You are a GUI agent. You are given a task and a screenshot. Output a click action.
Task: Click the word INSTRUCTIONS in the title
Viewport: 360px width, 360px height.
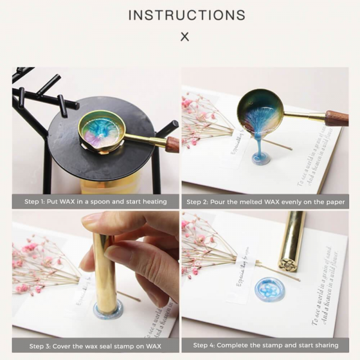pos(186,15)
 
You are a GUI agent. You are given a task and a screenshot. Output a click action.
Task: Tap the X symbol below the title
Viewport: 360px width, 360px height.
pos(185,37)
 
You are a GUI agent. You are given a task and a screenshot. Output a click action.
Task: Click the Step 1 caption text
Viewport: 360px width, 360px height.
pos(96,202)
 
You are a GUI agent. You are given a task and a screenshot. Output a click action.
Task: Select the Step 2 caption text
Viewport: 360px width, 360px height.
pos(265,202)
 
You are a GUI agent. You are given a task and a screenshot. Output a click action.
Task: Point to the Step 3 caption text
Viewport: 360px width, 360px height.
pos(96,346)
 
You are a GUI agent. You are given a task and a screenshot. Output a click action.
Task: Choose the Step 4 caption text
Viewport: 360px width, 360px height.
pos(265,346)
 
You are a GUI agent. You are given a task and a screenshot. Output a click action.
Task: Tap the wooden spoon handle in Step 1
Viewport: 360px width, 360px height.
pos(172,144)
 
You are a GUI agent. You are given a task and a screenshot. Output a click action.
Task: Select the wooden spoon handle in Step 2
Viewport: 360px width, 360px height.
pos(336,118)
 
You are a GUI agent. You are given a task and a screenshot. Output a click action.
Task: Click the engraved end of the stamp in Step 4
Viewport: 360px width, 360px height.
pos(288,265)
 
